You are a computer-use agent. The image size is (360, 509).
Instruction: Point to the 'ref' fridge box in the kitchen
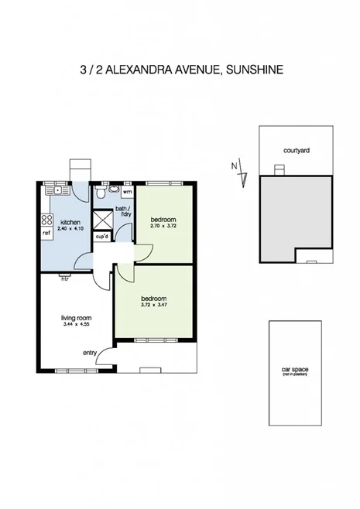[x=46, y=231]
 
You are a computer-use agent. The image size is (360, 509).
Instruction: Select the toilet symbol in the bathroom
[x=113, y=189]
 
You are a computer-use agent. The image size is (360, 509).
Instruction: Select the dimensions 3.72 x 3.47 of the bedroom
[x=154, y=305]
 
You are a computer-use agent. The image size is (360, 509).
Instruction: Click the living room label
[x=77, y=316]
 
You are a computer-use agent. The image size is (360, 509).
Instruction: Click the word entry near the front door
[x=91, y=353]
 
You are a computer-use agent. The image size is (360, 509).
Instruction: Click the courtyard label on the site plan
[x=297, y=151]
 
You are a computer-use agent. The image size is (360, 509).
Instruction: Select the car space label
[x=295, y=371]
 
